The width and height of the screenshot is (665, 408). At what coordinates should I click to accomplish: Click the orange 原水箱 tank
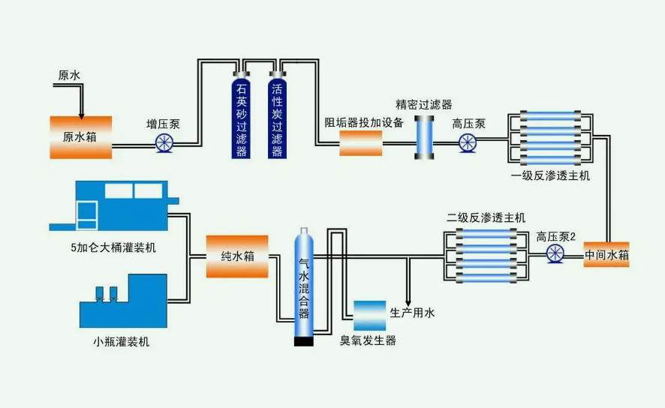80,136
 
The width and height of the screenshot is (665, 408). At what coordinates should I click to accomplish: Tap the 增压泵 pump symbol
164,142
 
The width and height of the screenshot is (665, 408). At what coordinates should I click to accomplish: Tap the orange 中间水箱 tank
606,256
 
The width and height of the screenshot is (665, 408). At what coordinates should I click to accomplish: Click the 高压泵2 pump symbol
556,256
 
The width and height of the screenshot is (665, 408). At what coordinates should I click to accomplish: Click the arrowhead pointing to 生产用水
408,298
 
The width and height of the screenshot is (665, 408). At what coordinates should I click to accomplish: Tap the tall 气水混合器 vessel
304,285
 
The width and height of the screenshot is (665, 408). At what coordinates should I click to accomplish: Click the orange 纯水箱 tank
237,256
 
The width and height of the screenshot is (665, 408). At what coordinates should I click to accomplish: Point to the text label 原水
68,75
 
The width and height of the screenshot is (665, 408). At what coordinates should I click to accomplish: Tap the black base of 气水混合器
304,342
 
